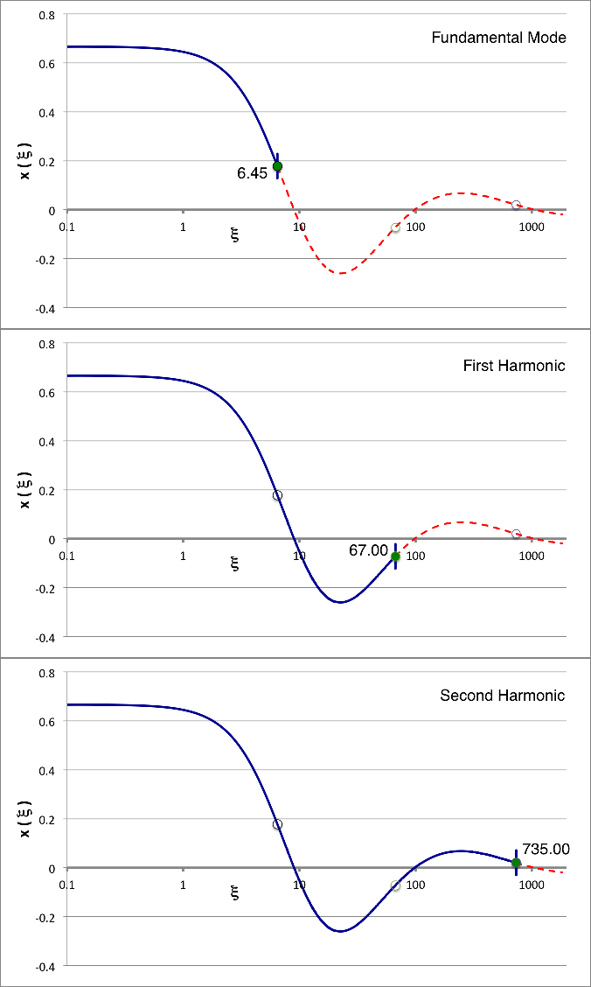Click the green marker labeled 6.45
click(277, 166)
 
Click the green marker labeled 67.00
click(395, 556)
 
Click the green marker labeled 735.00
click(516, 863)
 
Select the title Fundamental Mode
click(498, 38)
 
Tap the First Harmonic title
click(514, 366)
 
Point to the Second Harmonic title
click(502, 696)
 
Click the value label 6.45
click(252, 173)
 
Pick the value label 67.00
click(368, 550)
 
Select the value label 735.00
click(546, 849)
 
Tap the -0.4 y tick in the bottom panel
click(45, 966)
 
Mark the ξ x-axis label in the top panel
click(236, 236)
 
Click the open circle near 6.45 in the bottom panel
click(277, 824)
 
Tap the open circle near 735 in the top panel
click(516, 205)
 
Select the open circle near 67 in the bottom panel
click(395, 885)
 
